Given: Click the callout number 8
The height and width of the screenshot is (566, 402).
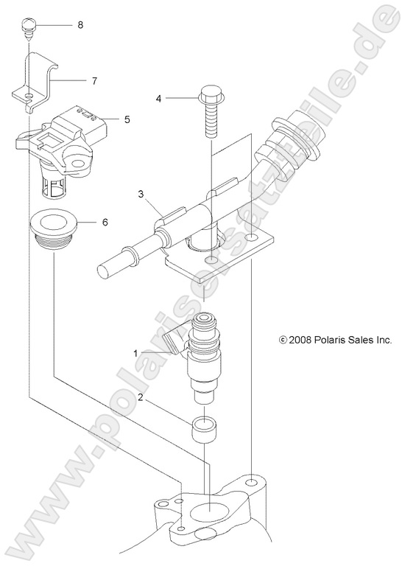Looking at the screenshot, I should [x=80, y=25].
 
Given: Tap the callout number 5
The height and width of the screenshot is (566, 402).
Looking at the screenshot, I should [x=127, y=117].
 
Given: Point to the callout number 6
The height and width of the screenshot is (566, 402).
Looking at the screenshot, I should [x=104, y=221].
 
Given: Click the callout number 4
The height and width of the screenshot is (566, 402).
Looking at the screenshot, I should [x=158, y=97].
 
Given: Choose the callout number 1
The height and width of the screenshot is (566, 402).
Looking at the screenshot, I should [x=135, y=354].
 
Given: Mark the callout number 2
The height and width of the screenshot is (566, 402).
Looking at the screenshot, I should [x=141, y=398].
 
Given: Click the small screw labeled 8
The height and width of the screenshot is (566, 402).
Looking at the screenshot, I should [x=28, y=27].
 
